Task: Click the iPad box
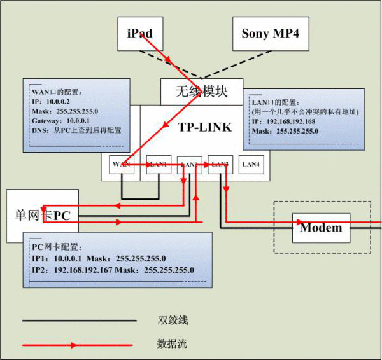coord(139,33)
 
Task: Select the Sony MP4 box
coord(270,33)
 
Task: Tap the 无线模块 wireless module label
coord(201,91)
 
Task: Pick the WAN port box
coord(121,164)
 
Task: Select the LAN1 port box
coord(159,164)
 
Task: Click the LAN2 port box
coord(190,165)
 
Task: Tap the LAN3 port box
coord(220,164)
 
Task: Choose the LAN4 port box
coord(251,164)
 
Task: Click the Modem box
coord(321,228)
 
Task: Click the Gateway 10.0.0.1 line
coord(66,120)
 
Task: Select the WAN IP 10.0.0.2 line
coord(51,101)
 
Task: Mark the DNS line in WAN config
coord(76,130)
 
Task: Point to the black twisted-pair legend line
coord(79,320)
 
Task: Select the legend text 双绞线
coord(173,320)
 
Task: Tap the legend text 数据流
coord(173,344)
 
